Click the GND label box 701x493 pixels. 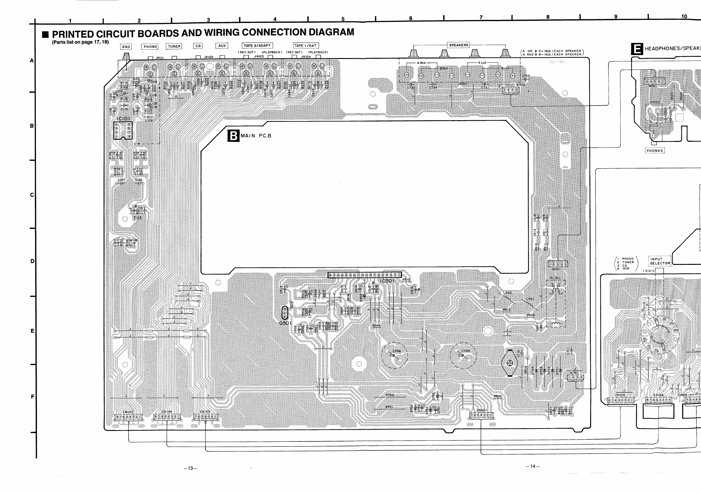pos(126,47)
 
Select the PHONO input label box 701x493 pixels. pos(150,47)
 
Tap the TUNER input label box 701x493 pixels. pos(174,46)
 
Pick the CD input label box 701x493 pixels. pos(198,46)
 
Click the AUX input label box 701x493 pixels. pos(222,46)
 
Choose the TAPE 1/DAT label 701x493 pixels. pos(306,45)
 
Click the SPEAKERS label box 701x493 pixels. pos(458,45)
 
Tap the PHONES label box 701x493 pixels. pos(654,151)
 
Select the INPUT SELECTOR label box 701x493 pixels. pos(660,261)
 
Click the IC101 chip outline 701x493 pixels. pos(123,130)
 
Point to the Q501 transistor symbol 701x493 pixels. pos(284,313)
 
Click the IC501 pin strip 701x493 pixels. pos(364,275)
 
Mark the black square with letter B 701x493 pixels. pos(233,136)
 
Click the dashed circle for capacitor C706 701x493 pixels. pos(394,355)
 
